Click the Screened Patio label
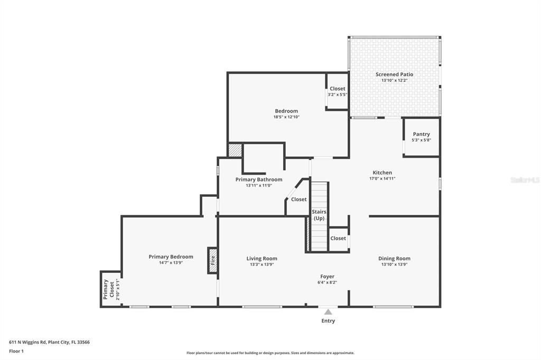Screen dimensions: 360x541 click(394, 74)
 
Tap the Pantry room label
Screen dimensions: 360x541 click(421, 134)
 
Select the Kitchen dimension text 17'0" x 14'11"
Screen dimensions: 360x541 click(382, 179)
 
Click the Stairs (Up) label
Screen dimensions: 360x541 click(319, 215)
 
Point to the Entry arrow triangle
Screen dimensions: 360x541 click(328, 312)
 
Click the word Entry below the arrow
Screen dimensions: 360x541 click(328, 321)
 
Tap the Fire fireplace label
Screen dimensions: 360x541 click(212, 260)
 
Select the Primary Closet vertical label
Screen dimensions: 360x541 click(108, 289)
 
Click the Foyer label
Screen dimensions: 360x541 click(327, 277)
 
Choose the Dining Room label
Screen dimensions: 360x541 click(394, 259)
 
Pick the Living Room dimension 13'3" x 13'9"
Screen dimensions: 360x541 click(262, 264)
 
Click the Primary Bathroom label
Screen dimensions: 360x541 click(258, 179)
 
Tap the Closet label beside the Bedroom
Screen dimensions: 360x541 click(337, 89)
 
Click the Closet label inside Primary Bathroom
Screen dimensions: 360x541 click(299, 200)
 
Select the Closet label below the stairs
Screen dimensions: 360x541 click(338, 238)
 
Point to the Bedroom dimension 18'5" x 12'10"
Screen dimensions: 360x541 click(286, 117)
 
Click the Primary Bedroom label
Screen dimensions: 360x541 click(171, 257)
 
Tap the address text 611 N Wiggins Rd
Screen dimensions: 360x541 click(49, 342)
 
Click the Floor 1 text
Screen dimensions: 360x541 click(16, 351)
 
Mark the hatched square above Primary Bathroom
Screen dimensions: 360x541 click(235, 150)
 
